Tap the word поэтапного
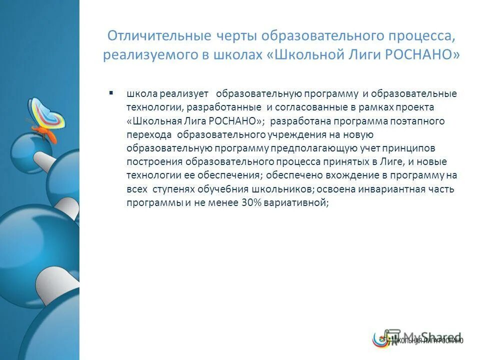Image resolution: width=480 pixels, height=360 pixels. [419, 121]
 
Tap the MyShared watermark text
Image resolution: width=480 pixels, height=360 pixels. [432, 336]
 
